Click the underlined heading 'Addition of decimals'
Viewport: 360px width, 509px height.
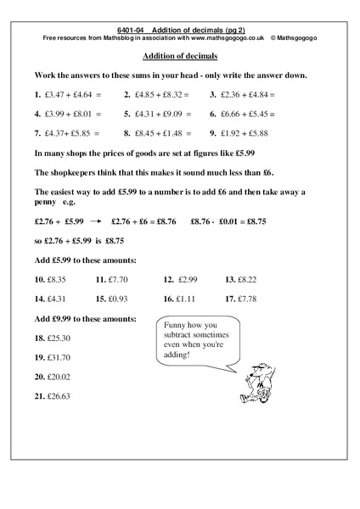pyautogui.click(x=179, y=57)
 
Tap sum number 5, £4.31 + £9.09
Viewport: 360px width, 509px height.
pyautogui.click(x=164, y=113)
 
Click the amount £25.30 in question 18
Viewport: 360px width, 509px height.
pyautogui.click(x=61, y=337)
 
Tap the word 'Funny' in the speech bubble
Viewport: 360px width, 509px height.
pyautogui.click(x=172, y=327)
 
